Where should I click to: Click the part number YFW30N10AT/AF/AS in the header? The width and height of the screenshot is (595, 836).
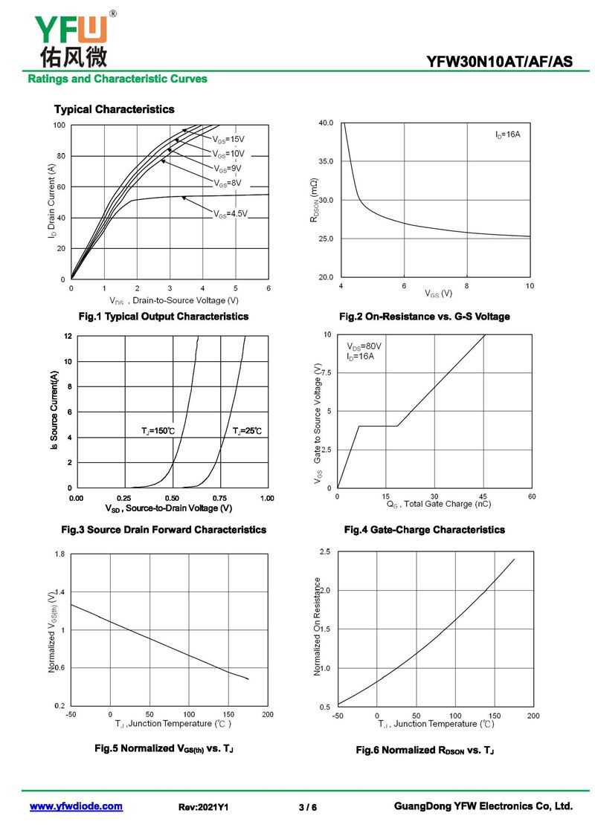click(500, 62)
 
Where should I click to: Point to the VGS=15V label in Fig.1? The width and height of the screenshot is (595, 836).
click(228, 139)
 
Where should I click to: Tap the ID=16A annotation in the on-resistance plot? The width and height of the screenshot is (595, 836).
click(508, 135)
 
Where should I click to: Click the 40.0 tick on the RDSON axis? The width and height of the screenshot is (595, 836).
click(325, 123)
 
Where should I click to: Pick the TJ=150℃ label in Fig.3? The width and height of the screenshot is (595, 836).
click(158, 431)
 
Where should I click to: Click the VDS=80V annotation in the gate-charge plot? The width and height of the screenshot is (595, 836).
click(364, 346)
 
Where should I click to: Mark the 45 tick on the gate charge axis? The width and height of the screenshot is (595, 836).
click(483, 496)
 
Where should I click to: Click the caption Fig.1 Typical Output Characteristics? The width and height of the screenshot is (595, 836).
click(164, 317)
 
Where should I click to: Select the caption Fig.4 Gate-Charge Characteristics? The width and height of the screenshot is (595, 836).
click(424, 530)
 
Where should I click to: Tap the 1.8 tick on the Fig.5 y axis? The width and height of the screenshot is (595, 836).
click(59, 554)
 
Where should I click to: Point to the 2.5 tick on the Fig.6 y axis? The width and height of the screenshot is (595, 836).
click(324, 551)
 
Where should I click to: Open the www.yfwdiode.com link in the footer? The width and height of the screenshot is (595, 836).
click(76, 806)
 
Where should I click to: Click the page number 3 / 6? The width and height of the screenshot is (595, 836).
click(307, 807)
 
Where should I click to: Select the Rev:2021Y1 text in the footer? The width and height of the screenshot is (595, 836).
click(203, 807)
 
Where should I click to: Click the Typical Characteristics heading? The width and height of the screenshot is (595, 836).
click(114, 109)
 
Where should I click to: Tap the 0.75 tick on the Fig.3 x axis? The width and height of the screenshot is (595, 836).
click(220, 498)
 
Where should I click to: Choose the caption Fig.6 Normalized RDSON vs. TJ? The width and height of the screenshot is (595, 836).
click(425, 750)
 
